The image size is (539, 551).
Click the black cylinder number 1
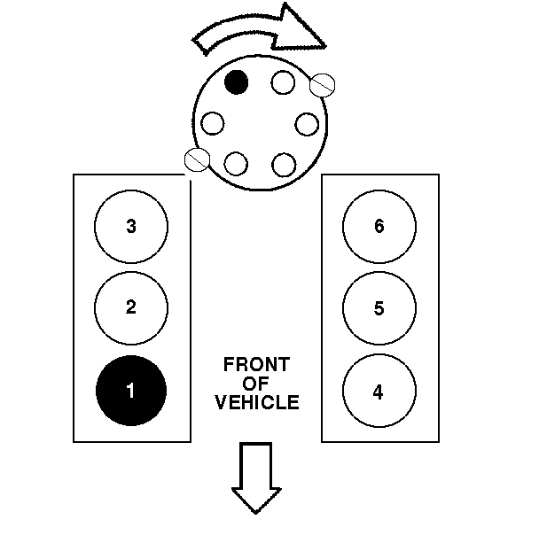click(130, 390)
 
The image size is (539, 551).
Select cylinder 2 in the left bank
click(130, 307)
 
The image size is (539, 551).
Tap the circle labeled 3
click(130, 226)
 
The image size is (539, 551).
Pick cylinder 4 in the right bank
click(379, 390)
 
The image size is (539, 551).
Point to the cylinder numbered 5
click(379, 307)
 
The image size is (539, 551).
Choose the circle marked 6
click(379, 226)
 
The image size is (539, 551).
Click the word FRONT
click(255, 364)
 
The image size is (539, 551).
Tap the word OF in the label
click(255, 383)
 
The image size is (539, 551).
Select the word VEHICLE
click(257, 402)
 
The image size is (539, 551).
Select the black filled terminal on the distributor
click(237, 82)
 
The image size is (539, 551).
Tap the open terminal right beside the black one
click(283, 82)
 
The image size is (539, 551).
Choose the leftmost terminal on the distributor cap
click(213, 122)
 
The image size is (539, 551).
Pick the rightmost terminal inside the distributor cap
click(307, 122)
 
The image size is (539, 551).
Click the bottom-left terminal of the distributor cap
click(237, 163)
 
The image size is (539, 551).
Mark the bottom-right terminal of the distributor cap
click(283, 163)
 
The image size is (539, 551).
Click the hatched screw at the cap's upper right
click(324, 84)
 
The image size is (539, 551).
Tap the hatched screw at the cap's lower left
click(196, 159)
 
